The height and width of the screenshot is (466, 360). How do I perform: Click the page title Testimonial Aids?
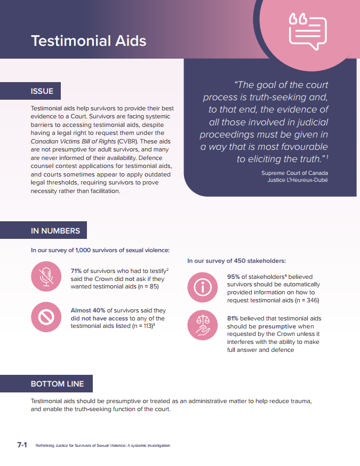click(x=89, y=41)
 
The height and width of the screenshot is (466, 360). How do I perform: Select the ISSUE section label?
click(x=42, y=91)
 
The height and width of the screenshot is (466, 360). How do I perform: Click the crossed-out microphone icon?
click(x=46, y=276)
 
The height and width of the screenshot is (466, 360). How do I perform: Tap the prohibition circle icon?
click(x=46, y=317)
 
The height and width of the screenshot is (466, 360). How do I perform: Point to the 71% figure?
click(x=78, y=271)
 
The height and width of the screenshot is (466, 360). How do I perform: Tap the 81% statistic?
click(x=234, y=318)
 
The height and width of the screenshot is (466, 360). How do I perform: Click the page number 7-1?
click(x=22, y=445)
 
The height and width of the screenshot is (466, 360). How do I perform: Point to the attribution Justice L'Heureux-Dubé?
click(x=297, y=180)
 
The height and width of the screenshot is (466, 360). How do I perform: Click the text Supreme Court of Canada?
click(x=294, y=173)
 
